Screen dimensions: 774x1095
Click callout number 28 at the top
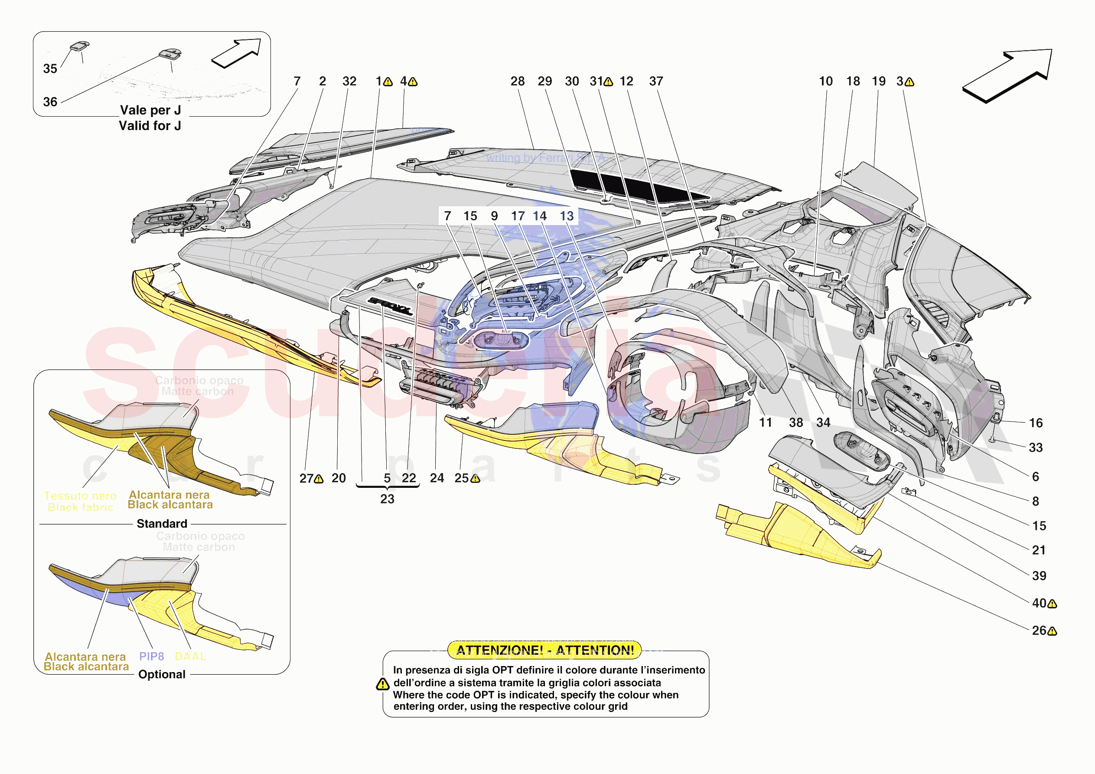coord(518,82)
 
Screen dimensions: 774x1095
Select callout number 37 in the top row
coord(656,82)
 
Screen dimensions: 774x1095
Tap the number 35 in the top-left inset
coord(50,69)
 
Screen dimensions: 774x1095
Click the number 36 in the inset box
coord(50,101)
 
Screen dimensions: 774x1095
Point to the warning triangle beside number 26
coord(1053,631)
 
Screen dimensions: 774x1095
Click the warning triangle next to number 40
coord(1053,604)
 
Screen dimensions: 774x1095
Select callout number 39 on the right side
coord(1039,576)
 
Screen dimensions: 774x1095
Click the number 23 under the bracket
coord(387,499)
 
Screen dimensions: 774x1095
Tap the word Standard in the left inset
coord(162,523)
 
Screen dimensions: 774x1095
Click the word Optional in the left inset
coord(162,674)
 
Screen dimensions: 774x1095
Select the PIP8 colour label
coord(151,656)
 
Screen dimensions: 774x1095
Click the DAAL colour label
coord(190,656)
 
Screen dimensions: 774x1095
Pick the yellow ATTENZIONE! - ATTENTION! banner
coord(544,650)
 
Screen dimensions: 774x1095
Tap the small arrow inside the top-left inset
coord(237,53)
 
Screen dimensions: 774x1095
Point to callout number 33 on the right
coord(1035,447)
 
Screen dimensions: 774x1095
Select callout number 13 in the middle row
coord(567,216)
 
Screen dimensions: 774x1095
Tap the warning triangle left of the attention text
coord(382,684)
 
